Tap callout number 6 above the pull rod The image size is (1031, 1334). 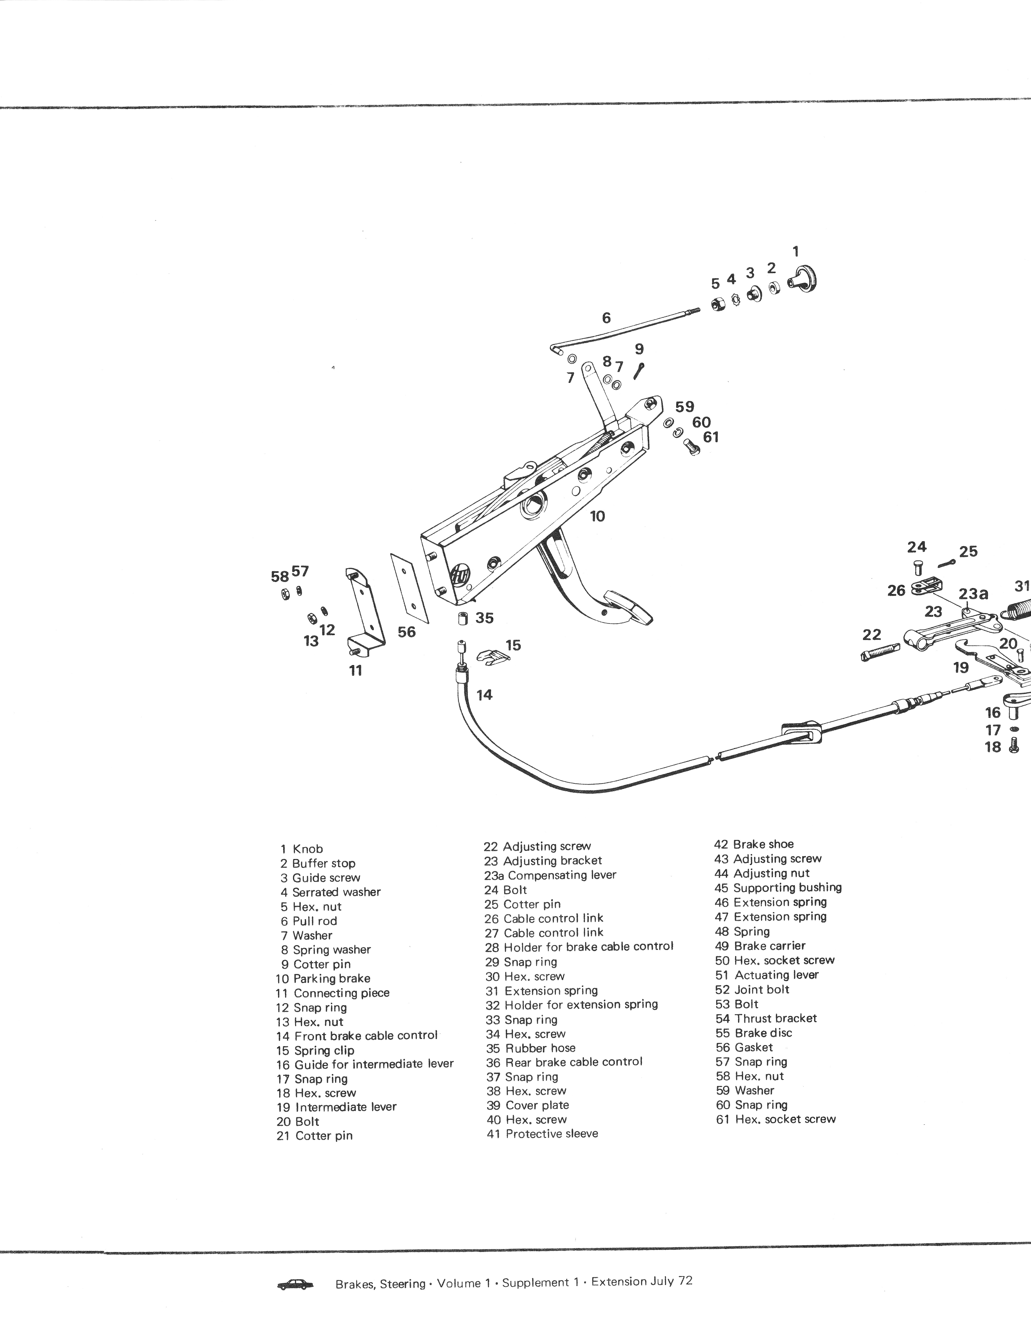[606, 318]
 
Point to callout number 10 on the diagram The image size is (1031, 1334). [597, 516]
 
